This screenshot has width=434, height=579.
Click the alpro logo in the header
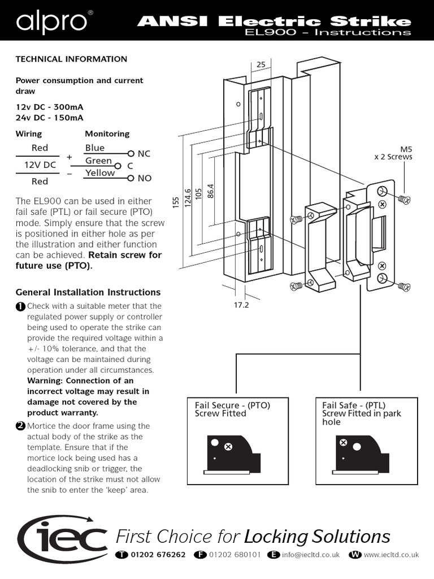click(x=51, y=22)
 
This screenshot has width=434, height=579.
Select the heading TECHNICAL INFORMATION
click(x=71, y=59)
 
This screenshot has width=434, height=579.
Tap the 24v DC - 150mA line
click(x=50, y=118)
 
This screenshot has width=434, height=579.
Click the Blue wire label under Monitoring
click(x=95, y=148)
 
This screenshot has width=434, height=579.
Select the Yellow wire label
click(x=100, y=173)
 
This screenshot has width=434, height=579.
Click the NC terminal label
click(x=144, y=154)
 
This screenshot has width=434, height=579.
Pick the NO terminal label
click(x=144, y=178)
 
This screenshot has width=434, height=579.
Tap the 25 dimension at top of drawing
click(x=261, y=65)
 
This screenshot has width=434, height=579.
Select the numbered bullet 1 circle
click(x=20, y=306)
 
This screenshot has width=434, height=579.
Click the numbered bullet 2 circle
click(x=20, y=426)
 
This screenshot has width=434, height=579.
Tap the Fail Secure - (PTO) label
click(x=232, y=405)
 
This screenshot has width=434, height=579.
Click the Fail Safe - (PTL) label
click(x=354, y=405)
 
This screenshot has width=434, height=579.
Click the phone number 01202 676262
click(x=158, y=555)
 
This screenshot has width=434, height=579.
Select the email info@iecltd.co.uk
click(x=311, y=555)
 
